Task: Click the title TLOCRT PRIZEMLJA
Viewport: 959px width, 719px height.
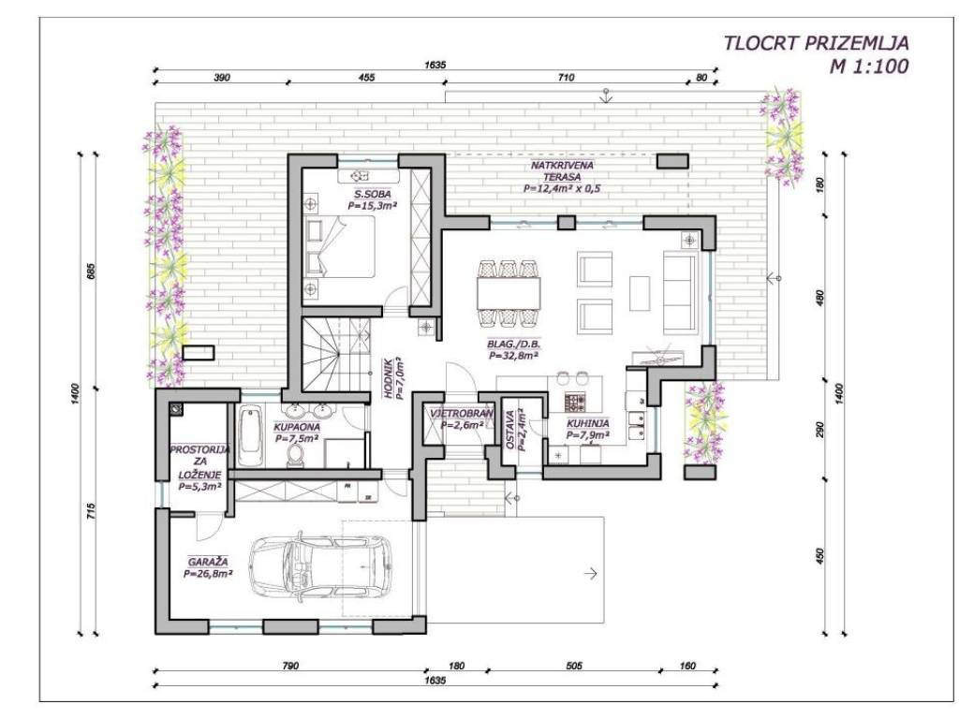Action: click(816, 43)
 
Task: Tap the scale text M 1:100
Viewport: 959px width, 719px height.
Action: click(868, 66)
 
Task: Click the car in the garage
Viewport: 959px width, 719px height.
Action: click(320, 566)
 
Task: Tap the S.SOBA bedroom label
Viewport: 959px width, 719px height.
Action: click(369, 195)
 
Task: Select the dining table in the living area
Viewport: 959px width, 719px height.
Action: click(509, 293)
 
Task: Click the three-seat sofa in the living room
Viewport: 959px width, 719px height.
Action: click(680, 286)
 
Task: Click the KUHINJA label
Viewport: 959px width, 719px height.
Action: click(588, 424)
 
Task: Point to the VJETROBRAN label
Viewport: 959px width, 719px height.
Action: click(462, 413)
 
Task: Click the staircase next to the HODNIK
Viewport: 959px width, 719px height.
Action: click(336, 355)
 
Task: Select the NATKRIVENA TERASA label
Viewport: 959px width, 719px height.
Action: click(562, 170)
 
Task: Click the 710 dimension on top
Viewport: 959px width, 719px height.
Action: click(566, 78)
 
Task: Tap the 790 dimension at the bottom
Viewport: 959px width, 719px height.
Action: click(290, 666)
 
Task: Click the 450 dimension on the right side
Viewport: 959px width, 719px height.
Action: click(820, 555)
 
